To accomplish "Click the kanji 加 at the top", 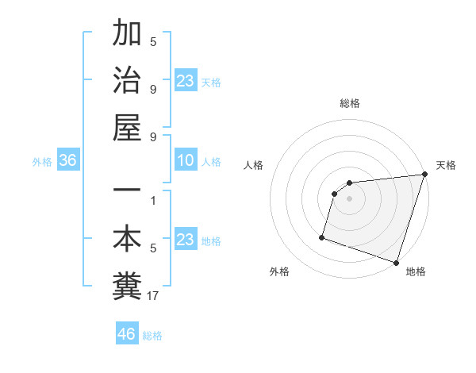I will pos(127,35).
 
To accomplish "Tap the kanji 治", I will pos(127,80).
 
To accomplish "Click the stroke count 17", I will pos(153,296).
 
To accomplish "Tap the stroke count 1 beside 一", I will pos(153,201).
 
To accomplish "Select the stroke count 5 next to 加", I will pos(153,42).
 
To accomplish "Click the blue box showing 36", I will pos(68,161).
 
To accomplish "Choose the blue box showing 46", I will pos(127,334).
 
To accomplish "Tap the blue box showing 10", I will pos(186,161).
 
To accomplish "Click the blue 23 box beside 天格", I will pos(186,81).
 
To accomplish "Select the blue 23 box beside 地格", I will pos(186,240).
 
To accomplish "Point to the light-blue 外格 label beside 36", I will pos(42,162).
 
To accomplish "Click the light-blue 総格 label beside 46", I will pos(152,336).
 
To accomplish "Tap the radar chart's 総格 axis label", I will pos(350,104).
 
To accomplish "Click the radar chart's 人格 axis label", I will pos(254,165).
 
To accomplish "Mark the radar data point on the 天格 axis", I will pos(424,175).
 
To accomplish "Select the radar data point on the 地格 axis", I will pos(396,262).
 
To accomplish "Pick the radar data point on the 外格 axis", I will pos(322,236).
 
